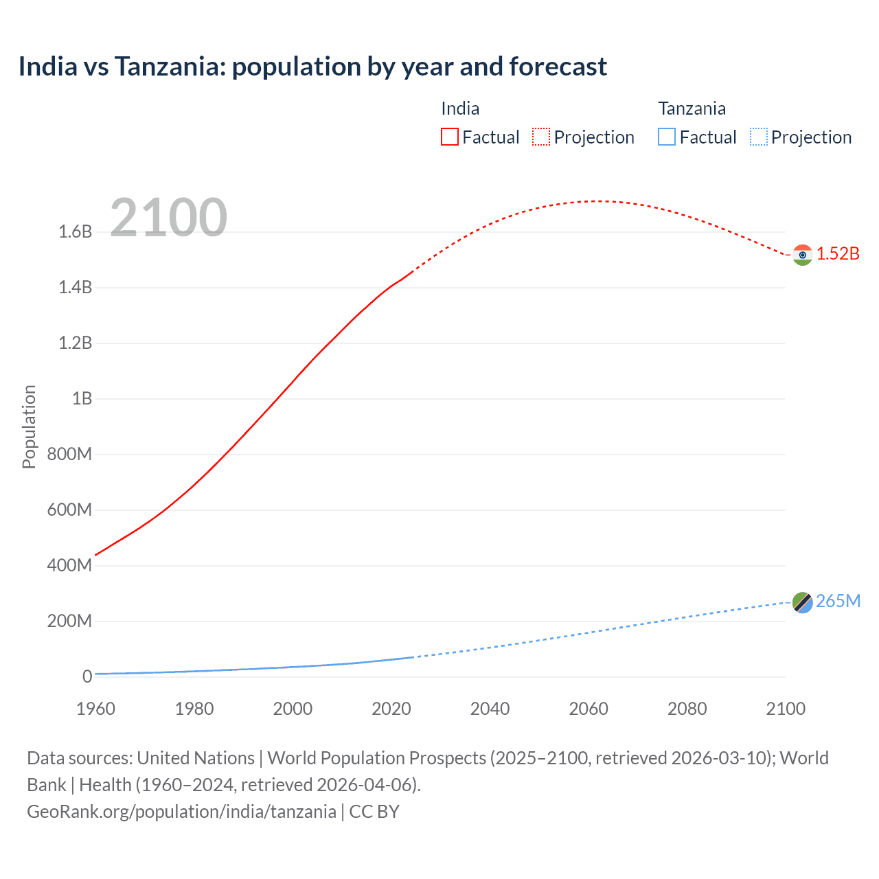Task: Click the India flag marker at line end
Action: (x=802, y=255)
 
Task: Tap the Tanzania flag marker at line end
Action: (x=802, y=602)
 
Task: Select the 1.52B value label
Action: (x=838, y=253)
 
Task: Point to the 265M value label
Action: (x=838, y=601)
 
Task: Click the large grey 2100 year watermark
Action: (x=168, y=218)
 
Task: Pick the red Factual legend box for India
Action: (x=449, y=137)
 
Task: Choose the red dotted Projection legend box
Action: (x=541, y=137)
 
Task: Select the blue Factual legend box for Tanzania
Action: (x=666, y=137)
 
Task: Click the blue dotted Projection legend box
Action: (x=758, y=137)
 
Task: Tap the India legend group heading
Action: (x=460, y=109)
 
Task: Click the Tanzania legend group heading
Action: (x=692, y=109)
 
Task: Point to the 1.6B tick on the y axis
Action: (x=76, y=231)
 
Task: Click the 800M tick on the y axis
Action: (x=69, y=454)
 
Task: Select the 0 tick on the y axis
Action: (x=87, y=676)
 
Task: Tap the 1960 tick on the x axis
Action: (x=95, y=709)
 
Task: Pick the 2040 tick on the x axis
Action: (x=490, y=709)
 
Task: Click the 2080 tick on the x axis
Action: (x=687, y=709)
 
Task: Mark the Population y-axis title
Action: (x=29, y=426)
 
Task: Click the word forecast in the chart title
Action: (x=558, y=67)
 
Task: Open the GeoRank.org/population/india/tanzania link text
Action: (x=181, y=812)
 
